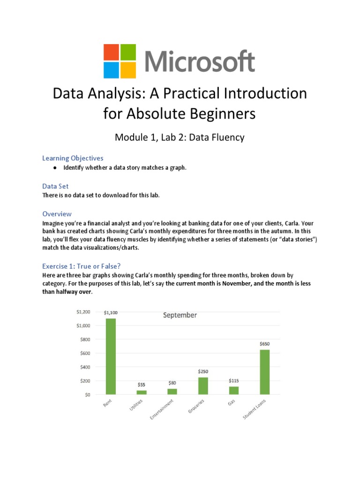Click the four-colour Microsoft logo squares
[120, 61]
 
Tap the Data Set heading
[55, 186]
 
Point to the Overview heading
[57, 214]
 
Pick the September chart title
[180, 315]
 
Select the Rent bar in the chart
[111, 356]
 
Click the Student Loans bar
[264, 372]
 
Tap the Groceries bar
[203, 386]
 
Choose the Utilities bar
[142, 392]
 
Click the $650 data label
[264, 344]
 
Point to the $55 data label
[141, 384]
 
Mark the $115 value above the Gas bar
[234, 381]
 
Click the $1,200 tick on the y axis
[83, 312]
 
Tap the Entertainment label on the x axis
[162, 409]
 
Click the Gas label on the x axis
[232, 403]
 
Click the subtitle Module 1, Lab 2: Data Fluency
[180, 137]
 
